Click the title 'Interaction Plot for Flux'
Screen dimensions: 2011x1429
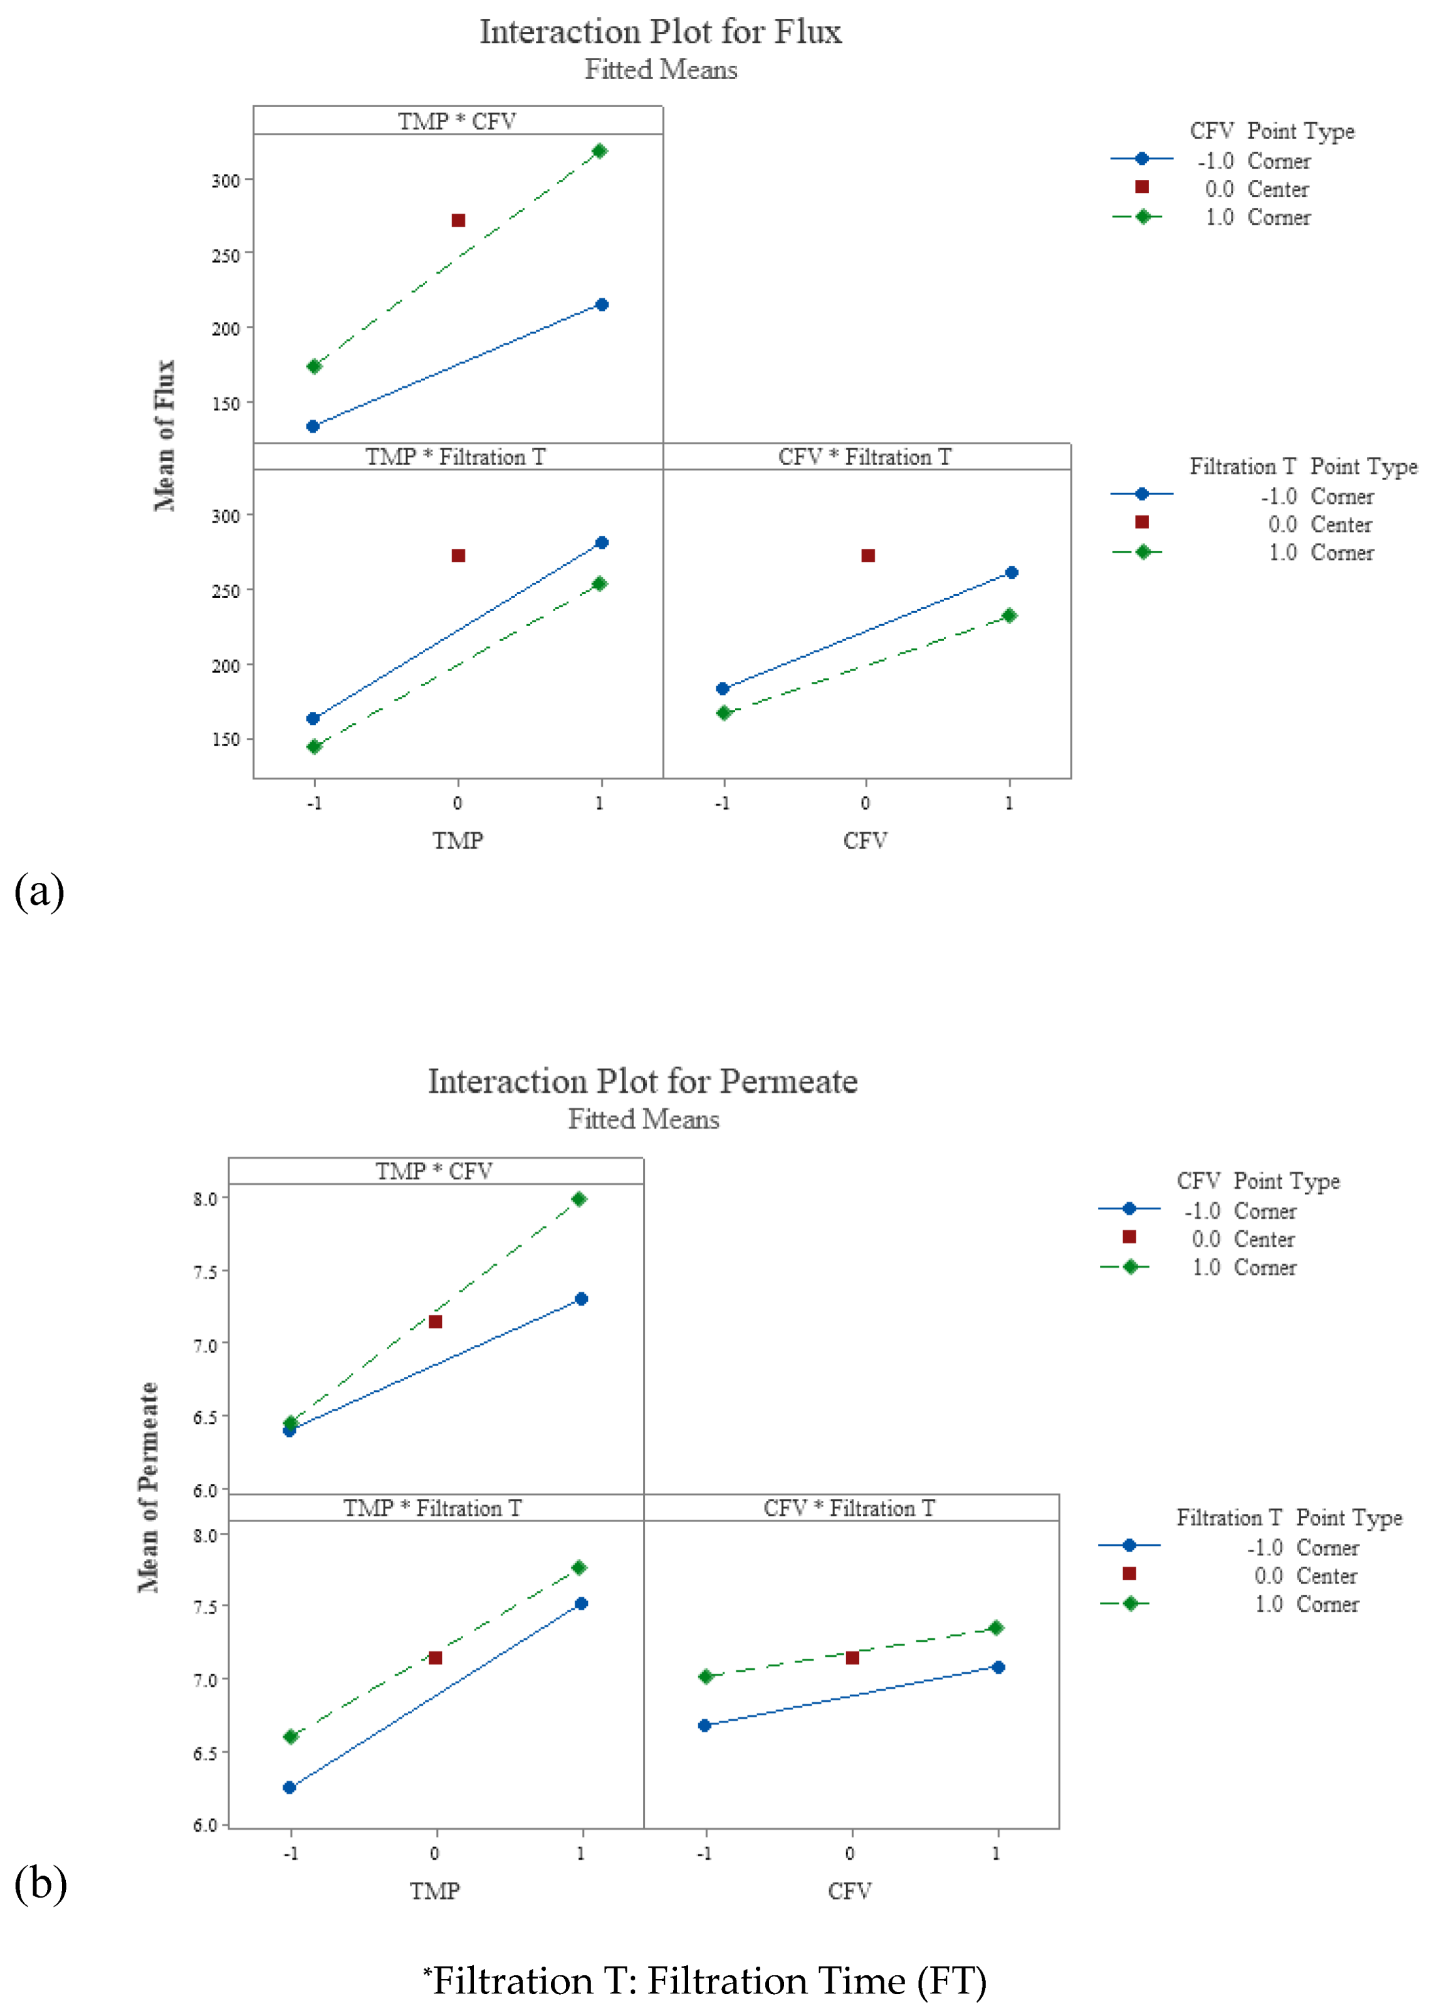pos(660,32)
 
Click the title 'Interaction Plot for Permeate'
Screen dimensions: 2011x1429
pos(642,1081)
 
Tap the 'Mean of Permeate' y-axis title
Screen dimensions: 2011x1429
pos(149,1486)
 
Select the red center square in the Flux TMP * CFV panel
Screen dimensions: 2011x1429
pos(458,220)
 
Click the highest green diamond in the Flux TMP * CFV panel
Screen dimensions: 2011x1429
pos(600,151)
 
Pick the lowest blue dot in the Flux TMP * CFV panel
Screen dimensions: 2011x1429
pos(312,427)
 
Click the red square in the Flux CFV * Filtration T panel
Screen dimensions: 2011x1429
pos(867,556)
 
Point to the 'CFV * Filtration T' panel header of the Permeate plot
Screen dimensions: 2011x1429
pos(849,1508)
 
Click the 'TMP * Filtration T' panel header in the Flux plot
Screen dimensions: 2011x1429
pos(456,457)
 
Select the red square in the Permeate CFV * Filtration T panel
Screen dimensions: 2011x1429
pos(852,1658)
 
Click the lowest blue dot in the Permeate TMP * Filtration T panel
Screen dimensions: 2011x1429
pos(290,1787)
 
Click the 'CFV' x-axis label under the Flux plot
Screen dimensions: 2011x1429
pos(865,841)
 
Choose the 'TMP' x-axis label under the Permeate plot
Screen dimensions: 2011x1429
pos(435,1891)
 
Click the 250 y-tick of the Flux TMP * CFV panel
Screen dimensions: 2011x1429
pos(225,255)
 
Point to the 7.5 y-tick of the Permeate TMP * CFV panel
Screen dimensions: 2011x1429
pos(205,1272)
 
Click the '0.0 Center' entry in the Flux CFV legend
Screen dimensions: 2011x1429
pos(1255,189)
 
